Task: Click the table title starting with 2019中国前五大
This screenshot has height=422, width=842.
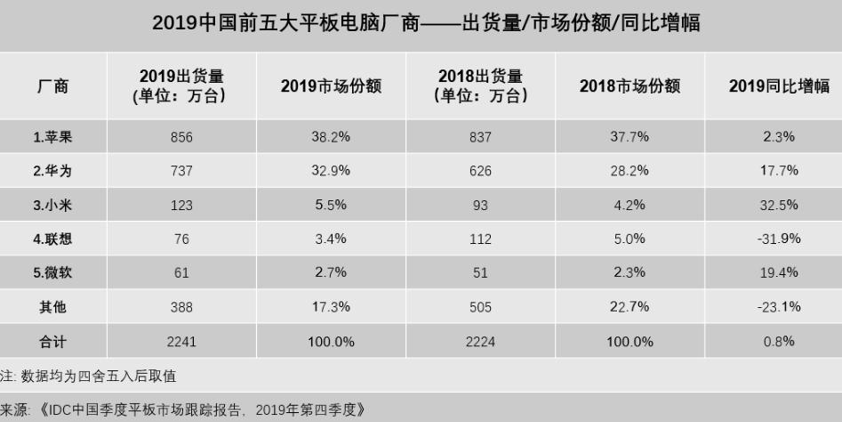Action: click(x=425, y=24)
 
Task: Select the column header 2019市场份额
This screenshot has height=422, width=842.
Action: click(x=331, y=86)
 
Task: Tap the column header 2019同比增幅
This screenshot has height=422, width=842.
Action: click(x=779, y=86)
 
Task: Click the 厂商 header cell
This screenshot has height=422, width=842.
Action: click(x=52, y=86)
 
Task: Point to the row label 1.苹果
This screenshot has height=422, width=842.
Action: click(x=52, y=137)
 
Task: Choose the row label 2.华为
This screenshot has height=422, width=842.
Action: click(x=52, y=171)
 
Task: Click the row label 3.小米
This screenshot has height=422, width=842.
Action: click(x=52, y=205)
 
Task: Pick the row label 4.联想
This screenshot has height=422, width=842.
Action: click(x=52, y=239)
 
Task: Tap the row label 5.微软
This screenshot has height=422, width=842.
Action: click(x=52, y=272)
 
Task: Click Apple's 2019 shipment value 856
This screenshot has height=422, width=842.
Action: click(x=180, y=137)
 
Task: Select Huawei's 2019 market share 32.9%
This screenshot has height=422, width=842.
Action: click(x=331, y=171)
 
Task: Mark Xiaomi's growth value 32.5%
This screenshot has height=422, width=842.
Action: click(x=779, y=205)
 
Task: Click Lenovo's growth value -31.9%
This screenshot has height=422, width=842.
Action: click(x=779, y=239)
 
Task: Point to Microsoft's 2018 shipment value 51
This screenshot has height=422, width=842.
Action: click(x=480, y=272)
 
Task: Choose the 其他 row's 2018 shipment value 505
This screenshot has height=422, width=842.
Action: click(x=480, y=307)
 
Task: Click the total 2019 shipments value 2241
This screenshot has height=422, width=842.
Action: click(x=180, y=341)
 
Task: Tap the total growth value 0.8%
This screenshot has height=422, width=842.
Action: click(x=779, y=341)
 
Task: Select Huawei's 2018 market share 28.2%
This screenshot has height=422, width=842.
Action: click(x=629, y=171)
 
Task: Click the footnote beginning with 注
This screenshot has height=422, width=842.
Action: click(x=88, y=377)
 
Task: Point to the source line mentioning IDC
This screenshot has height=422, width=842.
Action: click(x=182, y=410)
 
